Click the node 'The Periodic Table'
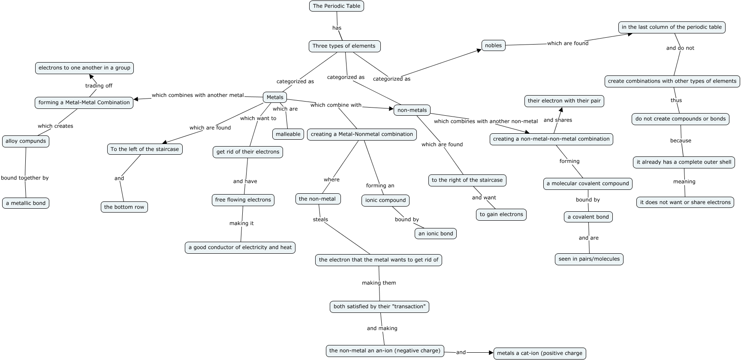click(x=336, y=6)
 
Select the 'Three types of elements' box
click(x=344, y=46)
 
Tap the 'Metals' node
click(x=274, y=97)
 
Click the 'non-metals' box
click(x=412, y=110)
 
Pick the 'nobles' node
click(x=493, y=45)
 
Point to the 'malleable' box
click(x=288, y=134)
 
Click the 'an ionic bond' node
click(x=435, y=234)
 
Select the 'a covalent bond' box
click(x=588, y=217)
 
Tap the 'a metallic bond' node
click(x=26, y=203)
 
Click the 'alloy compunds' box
click(x=26, y=141)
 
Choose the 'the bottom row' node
click(x=124, y=207)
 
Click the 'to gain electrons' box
click(x=501, y=214)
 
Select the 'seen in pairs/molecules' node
click(x=589, y=259)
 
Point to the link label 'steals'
click(x=320, y=219)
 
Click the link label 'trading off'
click(x=99, y=86)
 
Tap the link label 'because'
click(x=681, y=141)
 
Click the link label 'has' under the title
click(x=337, y=28)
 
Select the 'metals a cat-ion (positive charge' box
click(x=539, y=353)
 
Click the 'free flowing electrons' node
click(x=243, y=200)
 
